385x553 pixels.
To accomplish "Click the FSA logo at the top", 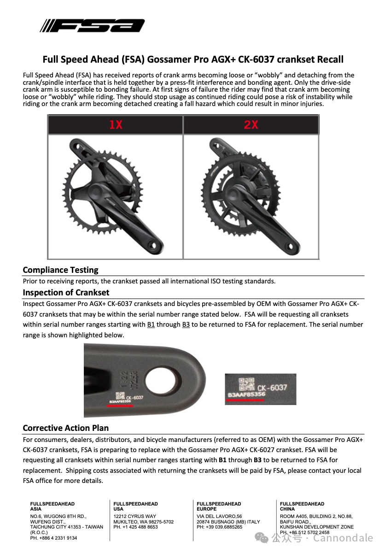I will (92, 26).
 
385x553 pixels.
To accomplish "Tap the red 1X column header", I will (116, 125).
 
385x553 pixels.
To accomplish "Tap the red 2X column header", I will (251, 125).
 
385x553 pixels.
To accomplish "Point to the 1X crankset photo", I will (116, 196).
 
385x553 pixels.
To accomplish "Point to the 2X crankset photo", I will (251, 196).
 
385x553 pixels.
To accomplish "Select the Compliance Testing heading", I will (60, 270).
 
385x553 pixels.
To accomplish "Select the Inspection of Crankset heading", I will (66, 293).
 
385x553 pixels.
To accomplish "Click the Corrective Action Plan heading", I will (65, 428).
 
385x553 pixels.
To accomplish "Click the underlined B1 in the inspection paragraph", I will (151, 324).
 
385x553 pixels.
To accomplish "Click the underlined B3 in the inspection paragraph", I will (186, 324).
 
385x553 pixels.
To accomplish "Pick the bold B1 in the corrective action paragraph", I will (222, 460).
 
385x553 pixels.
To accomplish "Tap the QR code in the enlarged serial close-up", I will (245, 383).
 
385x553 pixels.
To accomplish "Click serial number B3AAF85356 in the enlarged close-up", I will (246, 395).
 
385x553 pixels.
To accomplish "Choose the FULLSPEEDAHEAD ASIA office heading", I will (52, 506).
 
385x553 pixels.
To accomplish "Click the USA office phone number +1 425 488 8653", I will (136, 527).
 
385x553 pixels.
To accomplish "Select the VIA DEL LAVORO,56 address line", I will (219, 517).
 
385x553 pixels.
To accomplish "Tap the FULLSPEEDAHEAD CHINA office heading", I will (302, 506).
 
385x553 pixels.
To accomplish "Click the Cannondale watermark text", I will (343, 538).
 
